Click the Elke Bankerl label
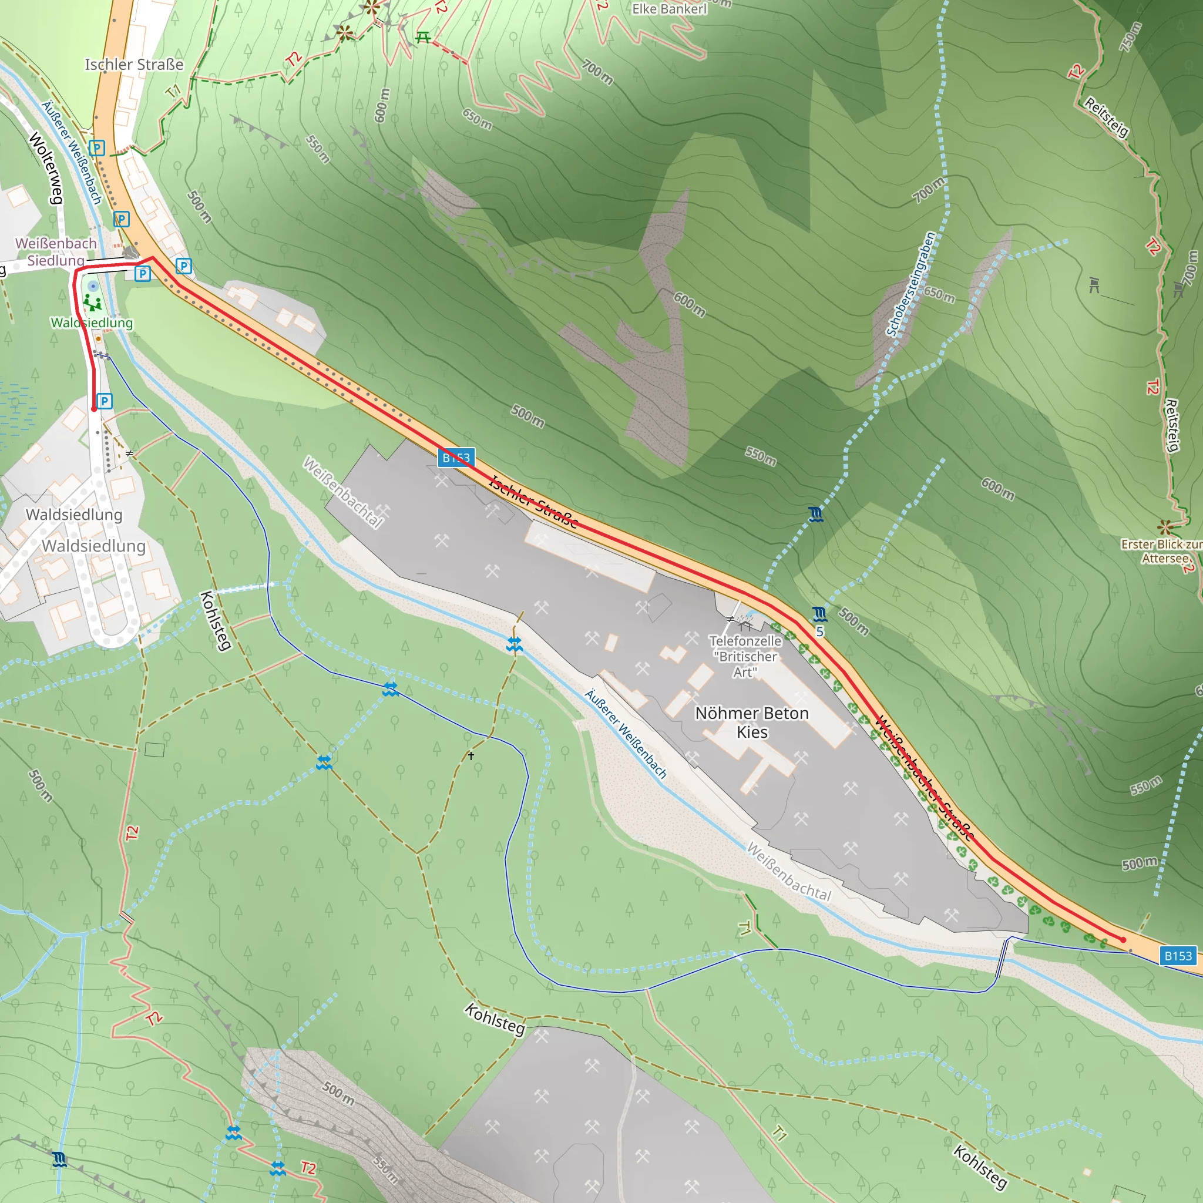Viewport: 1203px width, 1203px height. [x=670, y=9]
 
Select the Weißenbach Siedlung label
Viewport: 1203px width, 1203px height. [x=56, y=251]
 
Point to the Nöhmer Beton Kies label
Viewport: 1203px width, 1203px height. [x=751, y=723]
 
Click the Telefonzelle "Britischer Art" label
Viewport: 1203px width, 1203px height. [x=745, y=656]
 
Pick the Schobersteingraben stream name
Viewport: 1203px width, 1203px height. [x=912, y=284]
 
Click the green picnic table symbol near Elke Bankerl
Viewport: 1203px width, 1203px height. [x=424, y=38]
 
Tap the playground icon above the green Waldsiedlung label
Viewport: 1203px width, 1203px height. [x=93, y=303]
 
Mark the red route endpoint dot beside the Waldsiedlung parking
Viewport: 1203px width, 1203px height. [x=94, y=409]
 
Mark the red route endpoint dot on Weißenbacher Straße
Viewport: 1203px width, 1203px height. [x=1123, y=940]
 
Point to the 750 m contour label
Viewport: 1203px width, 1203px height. [x=1131, y=38]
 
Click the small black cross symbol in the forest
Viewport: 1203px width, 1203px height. [x=471, y=755]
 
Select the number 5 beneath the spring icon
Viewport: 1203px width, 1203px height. [x=819, y=631]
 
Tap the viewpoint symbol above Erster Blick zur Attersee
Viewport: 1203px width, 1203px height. [x=1165, y=527]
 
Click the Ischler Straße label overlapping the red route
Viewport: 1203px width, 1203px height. [x=533, y=502]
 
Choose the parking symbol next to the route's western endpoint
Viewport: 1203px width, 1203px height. [x=105, y=401]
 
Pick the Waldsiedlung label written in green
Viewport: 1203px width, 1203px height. [x=92, y=322]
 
